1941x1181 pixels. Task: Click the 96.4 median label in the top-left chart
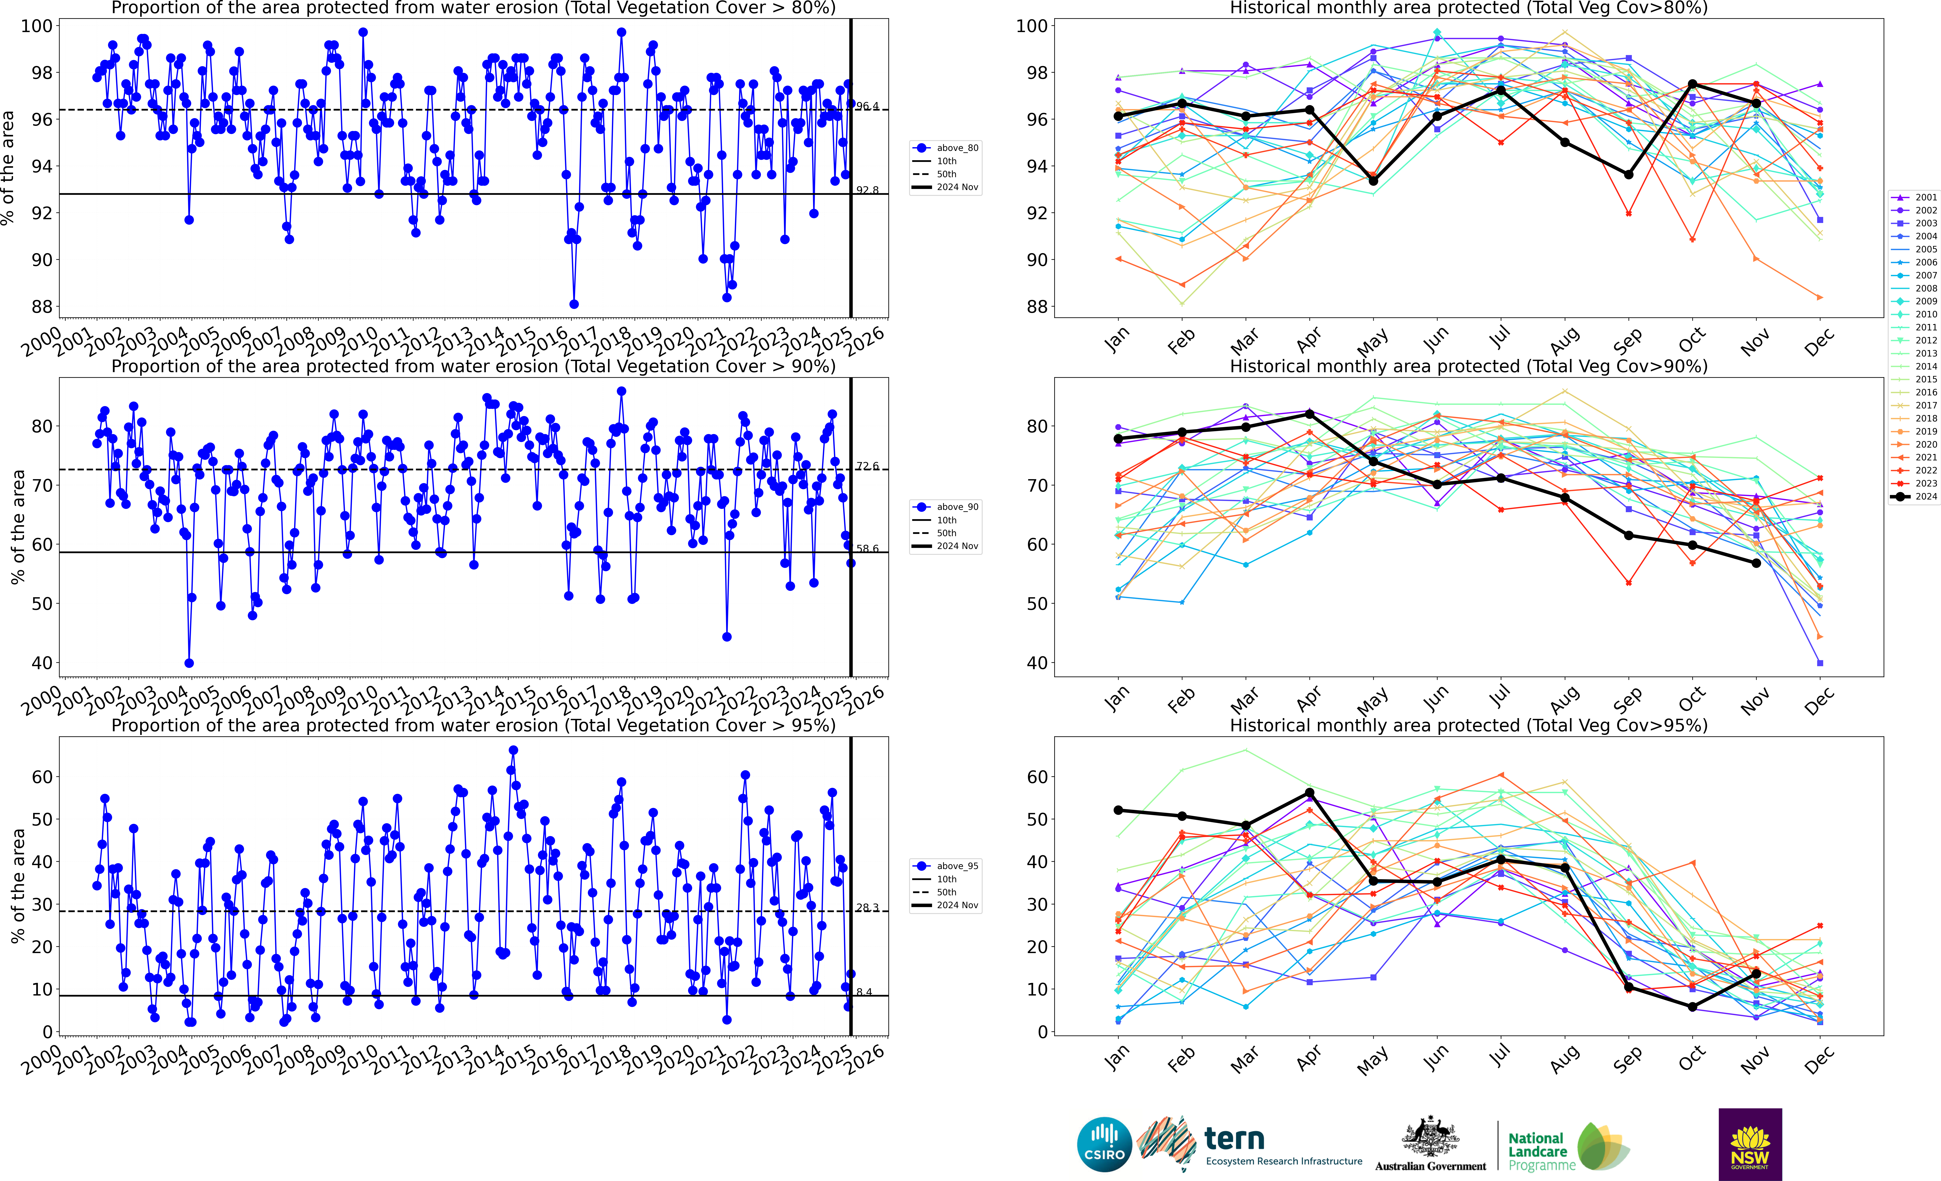tap(867, 106)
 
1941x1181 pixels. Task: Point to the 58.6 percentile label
tap(867, 549)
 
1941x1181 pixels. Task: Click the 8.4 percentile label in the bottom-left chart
tap(864, 992)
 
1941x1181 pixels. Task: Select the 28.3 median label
tap(867, 908)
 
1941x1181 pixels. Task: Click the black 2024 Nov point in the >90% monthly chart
tap(1756, 563)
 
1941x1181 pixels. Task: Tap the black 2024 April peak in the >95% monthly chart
tap(1309, 793)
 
